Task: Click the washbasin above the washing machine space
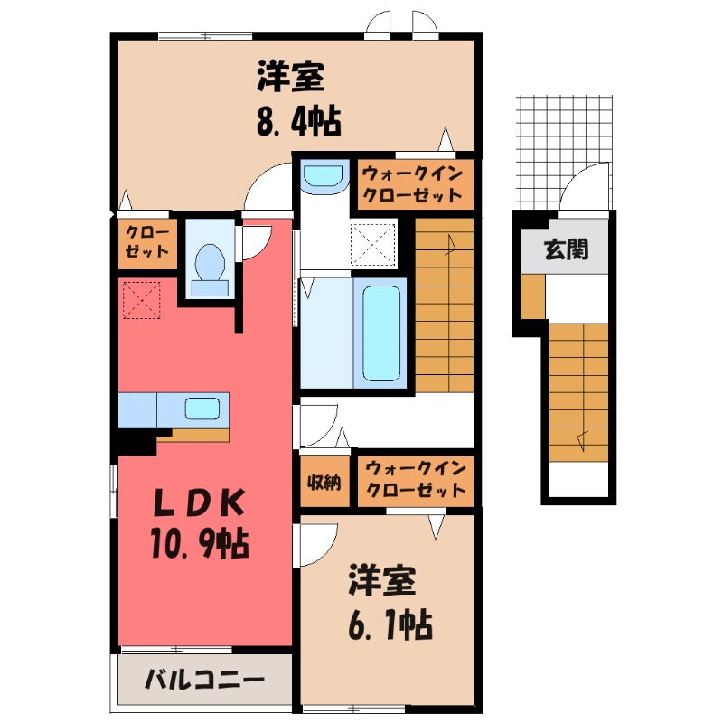[x=324, y=175]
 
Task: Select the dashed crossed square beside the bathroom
[x=372, y=244]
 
